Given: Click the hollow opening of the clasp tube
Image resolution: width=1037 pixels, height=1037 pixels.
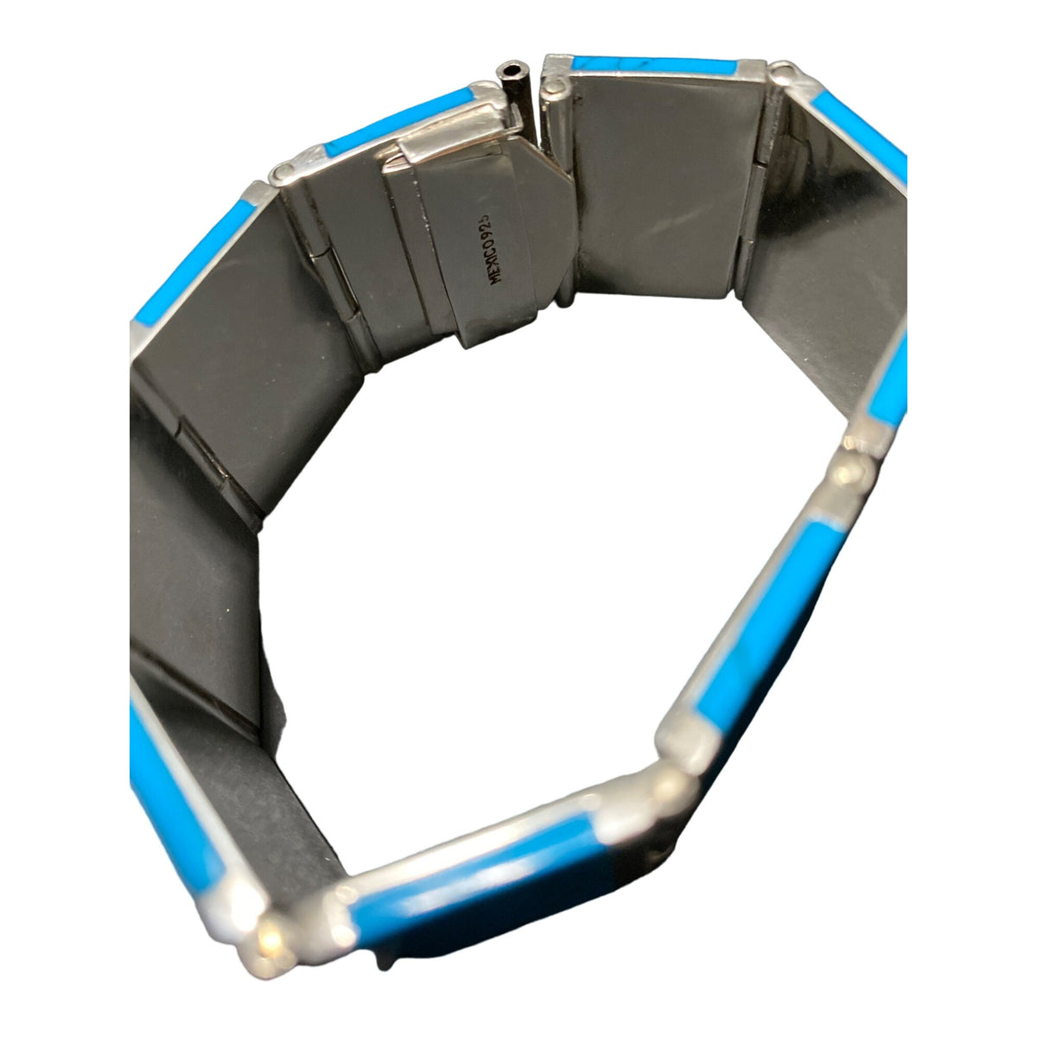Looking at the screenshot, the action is click(507, 71).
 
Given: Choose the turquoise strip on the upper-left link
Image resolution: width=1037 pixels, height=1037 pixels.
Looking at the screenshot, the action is click(194, 264).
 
